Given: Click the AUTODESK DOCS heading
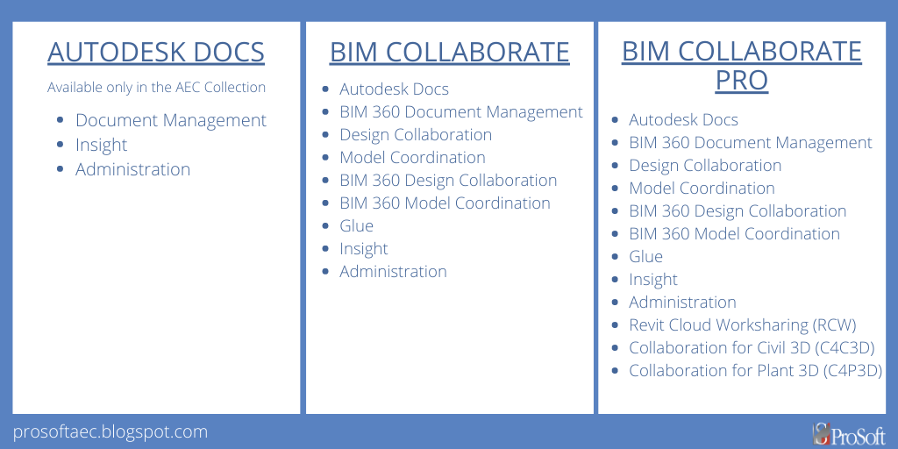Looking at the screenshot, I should [156, 52].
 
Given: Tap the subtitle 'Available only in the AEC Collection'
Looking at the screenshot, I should [156, 88].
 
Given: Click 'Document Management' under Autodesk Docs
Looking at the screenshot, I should [170, 120].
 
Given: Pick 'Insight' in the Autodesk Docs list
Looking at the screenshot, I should [101, 145].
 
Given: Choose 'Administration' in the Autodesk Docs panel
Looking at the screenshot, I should [132, 169].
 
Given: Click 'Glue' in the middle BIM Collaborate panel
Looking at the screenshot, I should [356, 225].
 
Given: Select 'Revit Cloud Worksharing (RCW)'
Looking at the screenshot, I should [742, 324].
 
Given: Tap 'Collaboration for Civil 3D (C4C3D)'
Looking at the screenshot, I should [752, 347].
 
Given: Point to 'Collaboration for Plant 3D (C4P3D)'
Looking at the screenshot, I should [755, 370].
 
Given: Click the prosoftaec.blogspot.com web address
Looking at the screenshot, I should [110, 431].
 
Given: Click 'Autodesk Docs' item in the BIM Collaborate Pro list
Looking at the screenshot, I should [683, 119].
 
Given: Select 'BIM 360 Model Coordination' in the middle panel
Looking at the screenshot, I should [445, 203].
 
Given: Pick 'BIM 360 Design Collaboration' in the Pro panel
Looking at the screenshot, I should [738, 210].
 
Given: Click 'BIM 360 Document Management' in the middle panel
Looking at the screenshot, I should [461, 111].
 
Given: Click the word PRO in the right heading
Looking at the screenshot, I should [741, 81].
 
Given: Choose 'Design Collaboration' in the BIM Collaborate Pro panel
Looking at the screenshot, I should [705, 165].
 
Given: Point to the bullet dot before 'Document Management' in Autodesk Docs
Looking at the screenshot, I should [60, 121].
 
